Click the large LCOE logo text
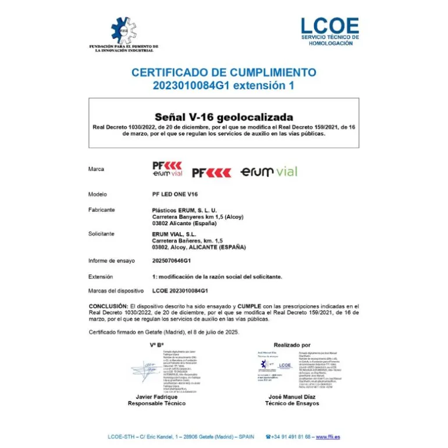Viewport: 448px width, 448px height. coord(329,26)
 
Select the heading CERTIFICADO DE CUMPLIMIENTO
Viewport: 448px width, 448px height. coord(224,73)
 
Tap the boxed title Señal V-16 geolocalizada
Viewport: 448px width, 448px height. coord(224,117)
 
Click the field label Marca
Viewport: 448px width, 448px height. coord(97,169)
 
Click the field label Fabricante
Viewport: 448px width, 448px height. coord(102,209)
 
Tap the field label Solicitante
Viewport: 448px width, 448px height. coord(101,234)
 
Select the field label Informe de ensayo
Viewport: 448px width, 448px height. coord(112,261)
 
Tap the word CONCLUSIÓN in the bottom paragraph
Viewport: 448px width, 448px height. coord(108,305)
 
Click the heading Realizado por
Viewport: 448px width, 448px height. coord(292,345)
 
